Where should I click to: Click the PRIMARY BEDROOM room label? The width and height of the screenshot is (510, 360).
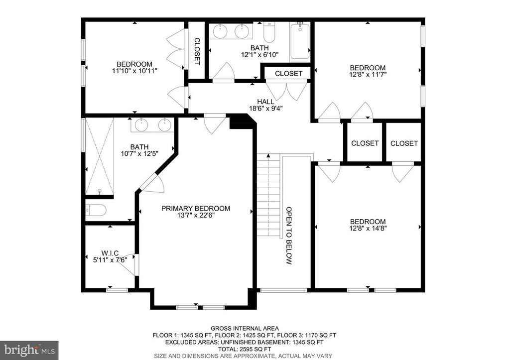click(196, 209)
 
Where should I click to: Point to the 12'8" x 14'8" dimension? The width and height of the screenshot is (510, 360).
click(368, 229)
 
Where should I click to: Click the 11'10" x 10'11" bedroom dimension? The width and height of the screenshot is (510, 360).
click(134, 71)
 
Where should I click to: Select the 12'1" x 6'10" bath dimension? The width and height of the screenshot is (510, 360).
click(259, 55)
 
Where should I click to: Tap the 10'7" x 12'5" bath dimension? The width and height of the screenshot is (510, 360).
click(139, 154)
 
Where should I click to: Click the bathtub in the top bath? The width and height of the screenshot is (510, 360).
click(300, 41)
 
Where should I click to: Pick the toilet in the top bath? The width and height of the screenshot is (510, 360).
click(269, 33)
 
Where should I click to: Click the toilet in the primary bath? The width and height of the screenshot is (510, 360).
click(94, 211)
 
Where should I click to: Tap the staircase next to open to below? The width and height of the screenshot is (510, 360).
click(269, 195)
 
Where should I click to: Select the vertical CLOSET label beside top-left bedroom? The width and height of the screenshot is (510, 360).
click(197, 51)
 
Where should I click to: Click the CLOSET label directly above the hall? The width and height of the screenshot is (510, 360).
click(288, 73)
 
